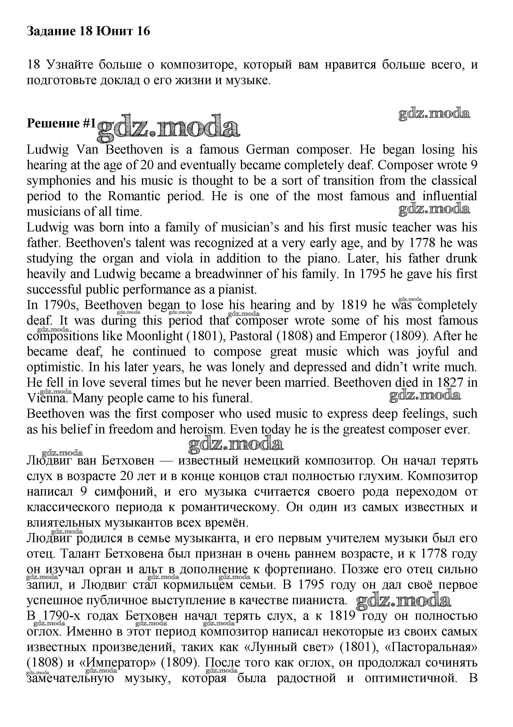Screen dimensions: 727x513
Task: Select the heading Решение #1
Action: coord(61,123)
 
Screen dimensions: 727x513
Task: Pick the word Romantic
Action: coord(134,196)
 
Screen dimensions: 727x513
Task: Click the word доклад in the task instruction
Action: coord(120,80)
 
